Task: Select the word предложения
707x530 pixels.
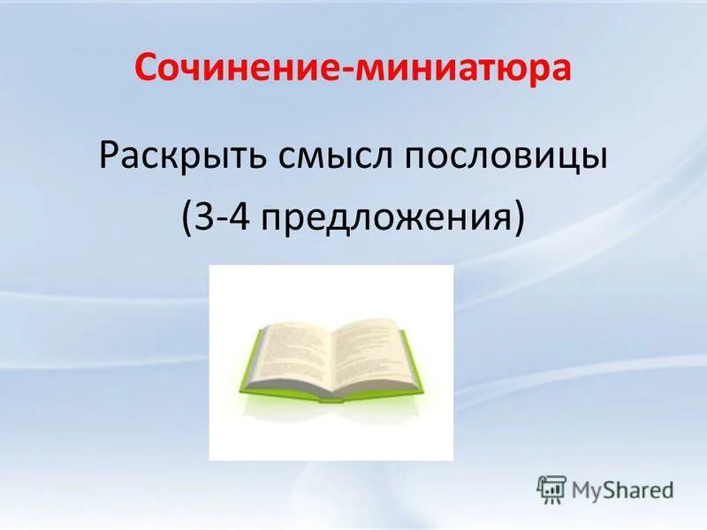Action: [x=384, y=217]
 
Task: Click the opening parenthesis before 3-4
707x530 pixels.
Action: [x=191, y=217]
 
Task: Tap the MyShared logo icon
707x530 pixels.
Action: [x=551, y=488]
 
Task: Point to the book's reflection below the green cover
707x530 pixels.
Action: [x=331, y=415]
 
